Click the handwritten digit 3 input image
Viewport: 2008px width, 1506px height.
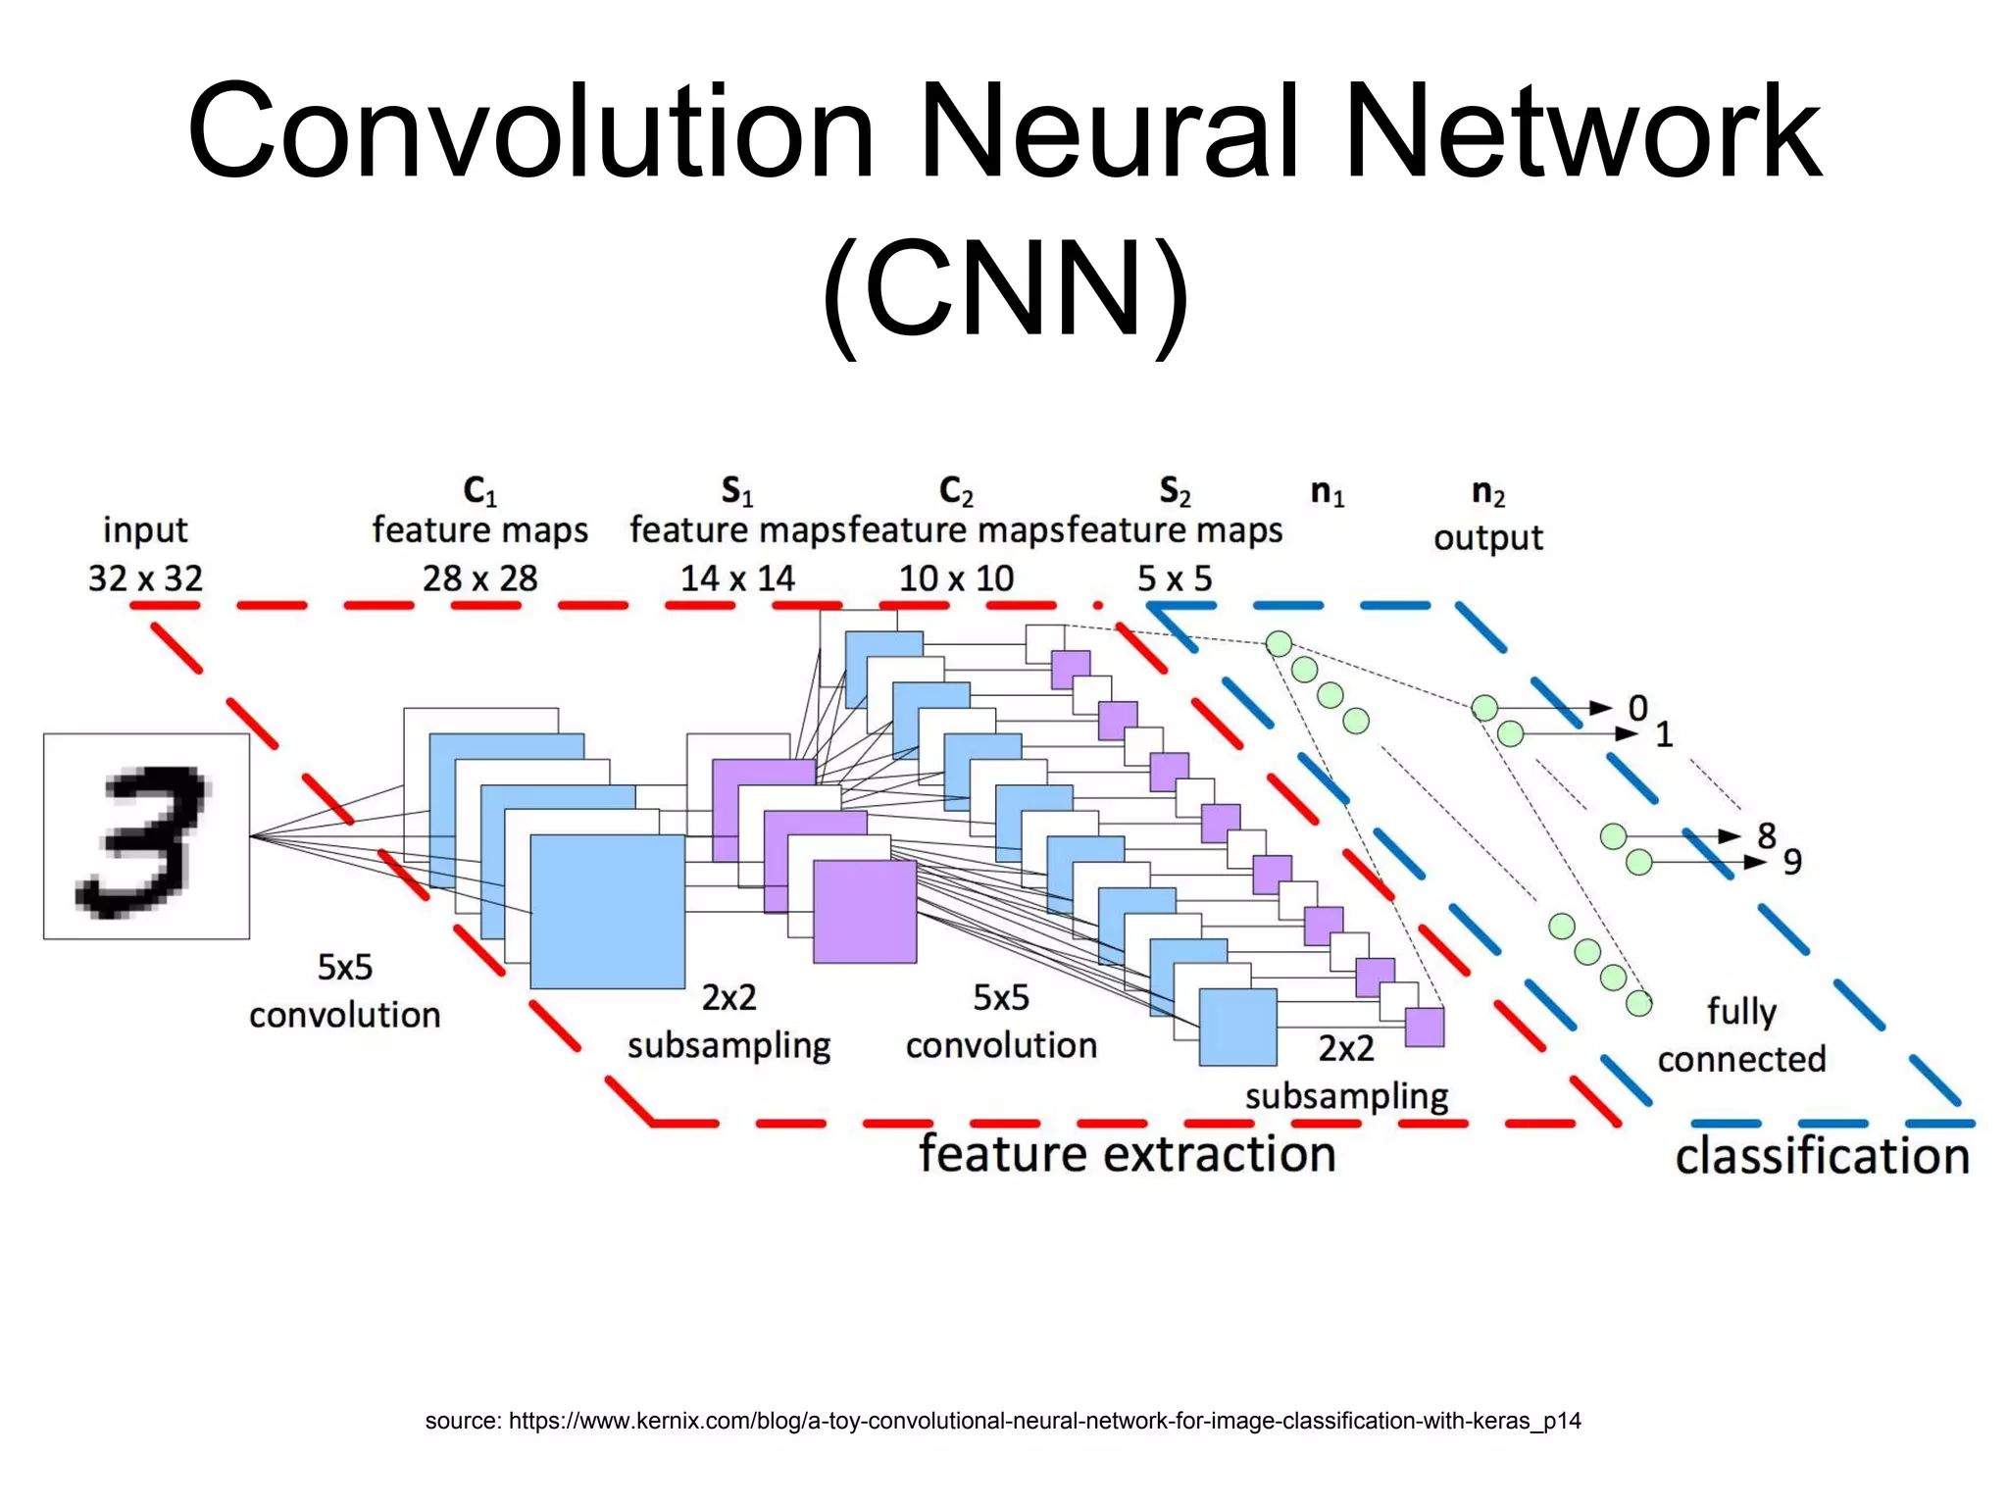point(146,836)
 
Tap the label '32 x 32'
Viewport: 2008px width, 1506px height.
point(145,578)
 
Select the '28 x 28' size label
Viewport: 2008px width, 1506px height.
point(479,578)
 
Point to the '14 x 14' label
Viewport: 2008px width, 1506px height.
point(737,578)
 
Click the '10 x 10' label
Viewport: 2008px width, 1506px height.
point(956,578)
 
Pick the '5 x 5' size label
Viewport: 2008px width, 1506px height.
point(1175,578)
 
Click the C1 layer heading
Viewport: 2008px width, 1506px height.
point(479,490)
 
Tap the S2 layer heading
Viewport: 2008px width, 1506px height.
point(1175,490)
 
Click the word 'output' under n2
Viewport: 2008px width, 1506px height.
point(1487,537)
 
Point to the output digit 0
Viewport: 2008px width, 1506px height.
point(1637,708)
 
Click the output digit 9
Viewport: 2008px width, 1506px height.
point(1791,862)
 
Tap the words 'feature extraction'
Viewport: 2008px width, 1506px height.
point(1127,1154)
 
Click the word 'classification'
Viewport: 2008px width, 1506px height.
point(1822,1156)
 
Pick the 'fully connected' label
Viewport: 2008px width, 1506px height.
point(1741,1035)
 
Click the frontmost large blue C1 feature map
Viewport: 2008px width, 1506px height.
point(608,912)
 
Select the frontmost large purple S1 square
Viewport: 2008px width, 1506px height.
point(865,912)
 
